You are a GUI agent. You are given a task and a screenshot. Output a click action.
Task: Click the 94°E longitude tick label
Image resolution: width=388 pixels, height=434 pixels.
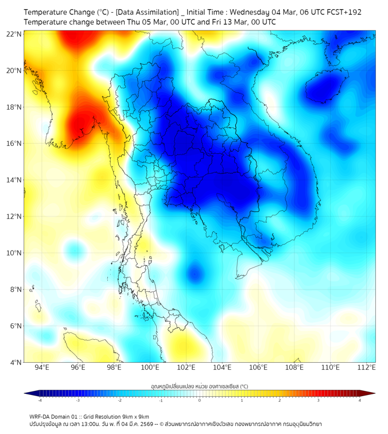coord(42,367)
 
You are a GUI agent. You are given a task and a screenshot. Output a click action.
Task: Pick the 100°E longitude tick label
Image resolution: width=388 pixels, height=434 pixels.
coord(150,367)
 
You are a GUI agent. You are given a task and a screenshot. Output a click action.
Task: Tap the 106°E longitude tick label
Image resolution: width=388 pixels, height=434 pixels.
coord(258,367)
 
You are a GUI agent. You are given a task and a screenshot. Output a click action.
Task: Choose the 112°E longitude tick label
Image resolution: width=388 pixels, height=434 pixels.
coord(367,367)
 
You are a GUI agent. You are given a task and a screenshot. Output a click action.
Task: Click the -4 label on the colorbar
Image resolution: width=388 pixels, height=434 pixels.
coord(39,400)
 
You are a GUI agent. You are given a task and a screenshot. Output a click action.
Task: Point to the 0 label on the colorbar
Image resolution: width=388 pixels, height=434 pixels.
coord(200,400)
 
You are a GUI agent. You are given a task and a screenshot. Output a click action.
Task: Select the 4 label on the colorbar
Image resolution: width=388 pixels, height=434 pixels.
coord(360,400)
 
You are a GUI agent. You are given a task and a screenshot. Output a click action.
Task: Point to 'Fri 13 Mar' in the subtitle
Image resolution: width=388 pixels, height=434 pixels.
coord(222,22)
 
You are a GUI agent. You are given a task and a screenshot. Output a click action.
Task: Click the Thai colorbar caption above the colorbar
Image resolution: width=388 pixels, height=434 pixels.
coord(199,386)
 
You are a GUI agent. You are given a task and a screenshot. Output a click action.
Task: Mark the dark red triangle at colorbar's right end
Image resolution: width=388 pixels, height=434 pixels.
coord(370,393)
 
